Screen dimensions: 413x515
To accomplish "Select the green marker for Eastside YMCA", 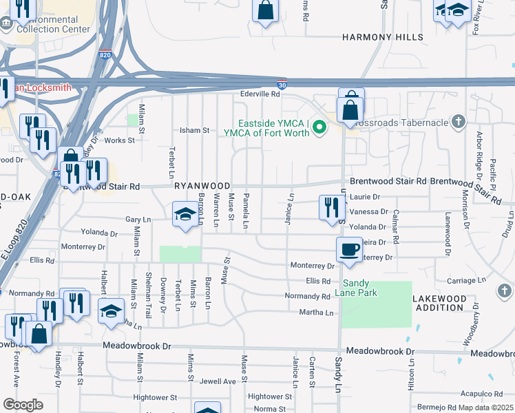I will (319, 127).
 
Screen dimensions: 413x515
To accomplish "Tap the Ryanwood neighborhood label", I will (202, 186).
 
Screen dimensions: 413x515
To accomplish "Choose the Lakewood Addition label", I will (439, 303).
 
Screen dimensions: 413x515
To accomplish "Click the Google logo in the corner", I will (23, 404).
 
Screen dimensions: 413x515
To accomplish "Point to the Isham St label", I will (194, 130).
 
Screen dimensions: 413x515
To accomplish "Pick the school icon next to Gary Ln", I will (185, 214).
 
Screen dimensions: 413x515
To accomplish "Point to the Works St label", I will (125, 140).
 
